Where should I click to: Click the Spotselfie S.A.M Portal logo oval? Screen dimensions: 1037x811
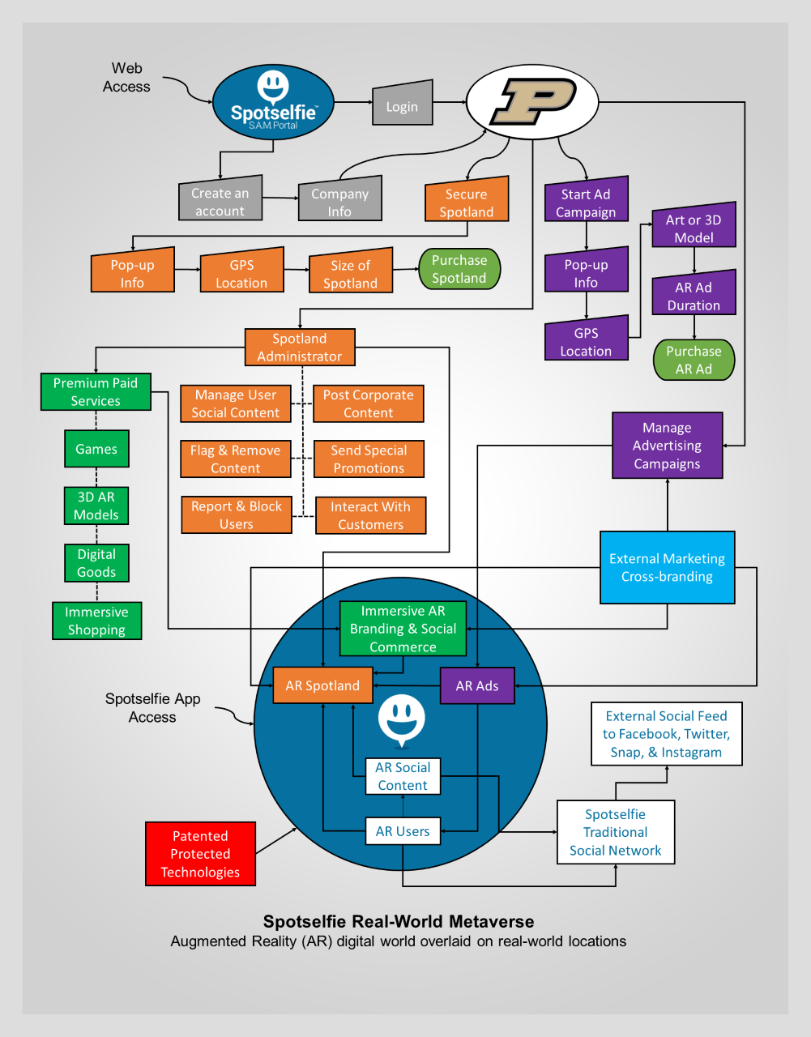point(273,103)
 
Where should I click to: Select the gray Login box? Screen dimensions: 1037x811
point(403,104)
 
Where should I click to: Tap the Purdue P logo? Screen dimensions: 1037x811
point(532,102)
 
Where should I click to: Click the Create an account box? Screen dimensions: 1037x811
point(220,200)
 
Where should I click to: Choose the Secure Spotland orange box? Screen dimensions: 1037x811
point(467,202)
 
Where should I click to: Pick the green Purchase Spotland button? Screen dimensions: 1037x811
point(459,269)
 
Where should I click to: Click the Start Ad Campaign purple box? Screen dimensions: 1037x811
point(586,202)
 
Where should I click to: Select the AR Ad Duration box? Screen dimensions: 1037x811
point(694,295)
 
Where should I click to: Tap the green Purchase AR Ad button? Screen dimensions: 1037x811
point(694,360)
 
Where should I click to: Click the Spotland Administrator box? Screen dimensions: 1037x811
point(300,348)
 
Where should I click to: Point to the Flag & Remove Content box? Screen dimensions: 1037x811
point(236,459)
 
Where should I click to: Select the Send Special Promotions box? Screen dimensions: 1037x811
point(369,459)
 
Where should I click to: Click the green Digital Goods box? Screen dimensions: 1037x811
point(96,563)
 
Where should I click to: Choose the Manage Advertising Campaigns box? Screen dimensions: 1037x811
point(667,446)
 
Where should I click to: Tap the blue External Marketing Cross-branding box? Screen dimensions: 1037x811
point(667,568)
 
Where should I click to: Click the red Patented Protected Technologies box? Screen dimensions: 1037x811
point(200,854)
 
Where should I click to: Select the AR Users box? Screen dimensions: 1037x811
point(403,831)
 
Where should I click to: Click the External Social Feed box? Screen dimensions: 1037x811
point(666,734)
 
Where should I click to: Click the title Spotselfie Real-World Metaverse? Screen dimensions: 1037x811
point(399,921)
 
